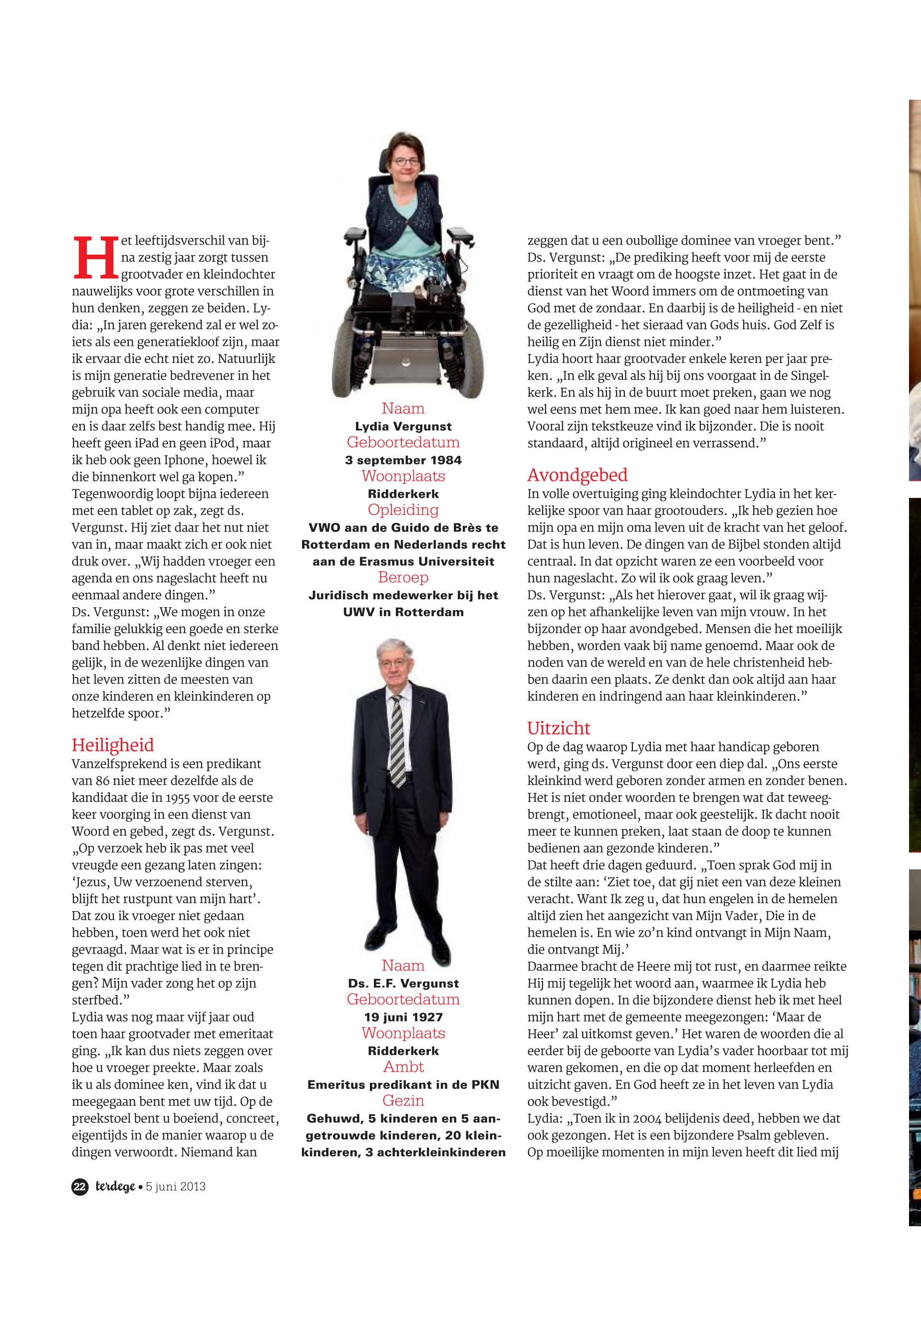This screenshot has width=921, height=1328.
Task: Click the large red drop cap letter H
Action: pos(95,256)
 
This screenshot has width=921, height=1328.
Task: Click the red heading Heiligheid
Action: pos(112,744)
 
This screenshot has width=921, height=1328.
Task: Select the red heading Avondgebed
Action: pos(577,475)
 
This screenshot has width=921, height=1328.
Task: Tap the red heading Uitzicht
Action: pos(559,728)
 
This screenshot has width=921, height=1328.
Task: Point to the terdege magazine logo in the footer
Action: pos(115,1187)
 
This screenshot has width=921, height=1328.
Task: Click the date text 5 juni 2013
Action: pos(175,1187)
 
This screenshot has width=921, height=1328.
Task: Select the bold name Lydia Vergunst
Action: pos(403,426)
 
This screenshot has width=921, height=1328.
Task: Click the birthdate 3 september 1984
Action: pos(403,460)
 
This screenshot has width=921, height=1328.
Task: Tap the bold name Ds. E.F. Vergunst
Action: pos(403,984)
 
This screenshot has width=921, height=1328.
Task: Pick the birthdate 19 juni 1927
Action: pos(403,1017)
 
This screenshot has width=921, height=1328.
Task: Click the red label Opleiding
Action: pos(403,510)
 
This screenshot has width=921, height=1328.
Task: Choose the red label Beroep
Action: pos(403,577)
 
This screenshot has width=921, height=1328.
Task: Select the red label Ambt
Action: pos(403,1067)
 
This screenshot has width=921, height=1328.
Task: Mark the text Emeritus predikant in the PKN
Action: pos(403,1085)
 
